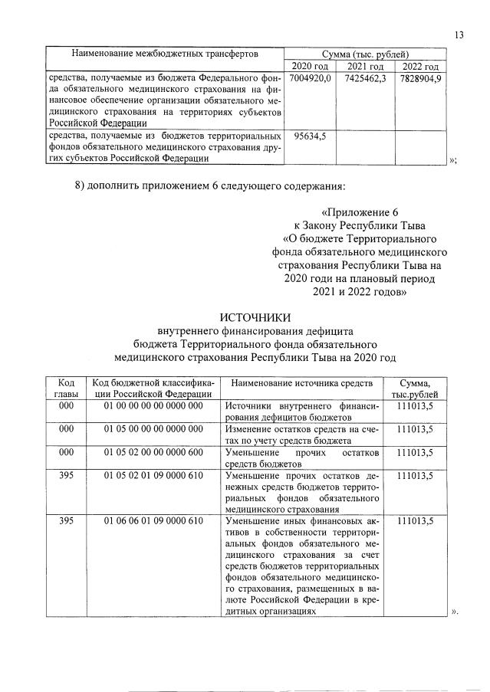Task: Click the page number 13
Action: click(x=459, y=34)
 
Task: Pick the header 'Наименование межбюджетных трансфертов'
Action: click(x=164, y=54)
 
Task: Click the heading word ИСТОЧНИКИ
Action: click(x=255, y=317)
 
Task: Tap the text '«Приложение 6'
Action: click(x=359, y=211)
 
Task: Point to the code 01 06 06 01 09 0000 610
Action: click(x=153, y=521)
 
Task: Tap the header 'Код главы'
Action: click(x=66, y=389)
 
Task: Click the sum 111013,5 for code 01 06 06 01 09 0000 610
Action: click(x=415, y=521)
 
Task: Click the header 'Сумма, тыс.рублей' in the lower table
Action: click(x=415, y=389)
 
